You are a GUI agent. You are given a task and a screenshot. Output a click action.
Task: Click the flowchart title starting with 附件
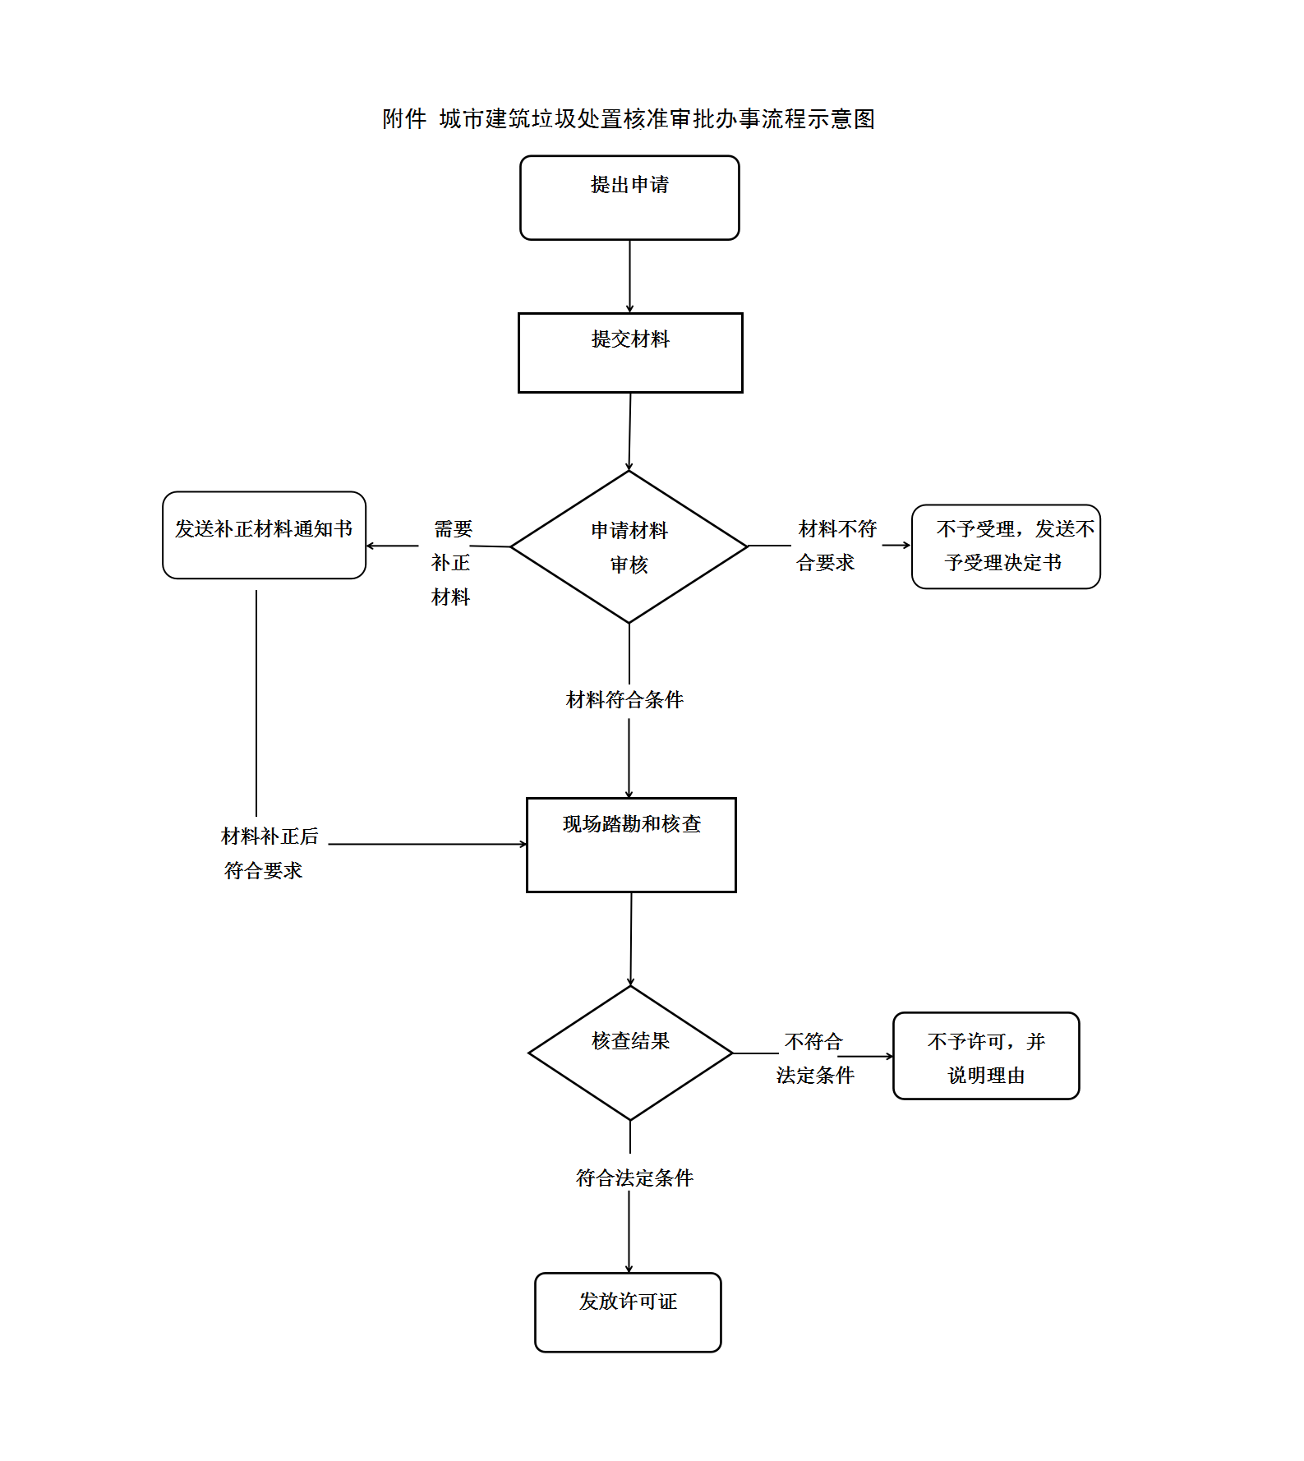coord(629,119)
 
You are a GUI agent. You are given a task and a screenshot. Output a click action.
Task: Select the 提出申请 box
coord(629,198)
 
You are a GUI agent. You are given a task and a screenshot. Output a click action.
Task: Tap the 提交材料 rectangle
coord(630,353)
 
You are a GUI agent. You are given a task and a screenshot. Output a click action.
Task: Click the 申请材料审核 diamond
coord(629,546)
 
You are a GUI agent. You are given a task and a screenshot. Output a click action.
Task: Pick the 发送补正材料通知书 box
coord(264,535)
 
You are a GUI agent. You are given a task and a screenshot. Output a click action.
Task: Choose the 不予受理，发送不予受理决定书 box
coord(1006,546)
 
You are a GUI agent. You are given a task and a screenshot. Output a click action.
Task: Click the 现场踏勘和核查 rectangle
coord(631,845)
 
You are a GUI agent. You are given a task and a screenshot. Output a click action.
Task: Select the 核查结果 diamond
coord(630,1053)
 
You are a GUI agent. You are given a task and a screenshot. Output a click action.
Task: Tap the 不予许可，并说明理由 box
coord(986,1056)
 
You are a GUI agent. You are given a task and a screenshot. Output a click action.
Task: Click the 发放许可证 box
coord(628,1312)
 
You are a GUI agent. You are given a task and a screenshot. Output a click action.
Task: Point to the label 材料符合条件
coord(625,700)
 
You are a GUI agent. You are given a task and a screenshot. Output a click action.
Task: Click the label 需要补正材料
coord(451,563)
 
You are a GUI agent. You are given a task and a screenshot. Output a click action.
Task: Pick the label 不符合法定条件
coord(814,1058)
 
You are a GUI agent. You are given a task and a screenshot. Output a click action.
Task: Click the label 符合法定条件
coord(634,1178)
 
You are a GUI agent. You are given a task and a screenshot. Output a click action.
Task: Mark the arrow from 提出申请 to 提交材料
coord(630,276)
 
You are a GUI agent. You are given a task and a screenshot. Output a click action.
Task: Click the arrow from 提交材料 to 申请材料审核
coord(630,431)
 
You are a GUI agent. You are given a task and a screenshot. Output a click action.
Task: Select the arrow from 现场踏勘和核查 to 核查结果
coord(631,938)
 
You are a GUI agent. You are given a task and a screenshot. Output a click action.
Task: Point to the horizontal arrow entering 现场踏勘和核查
coord(427,844)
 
